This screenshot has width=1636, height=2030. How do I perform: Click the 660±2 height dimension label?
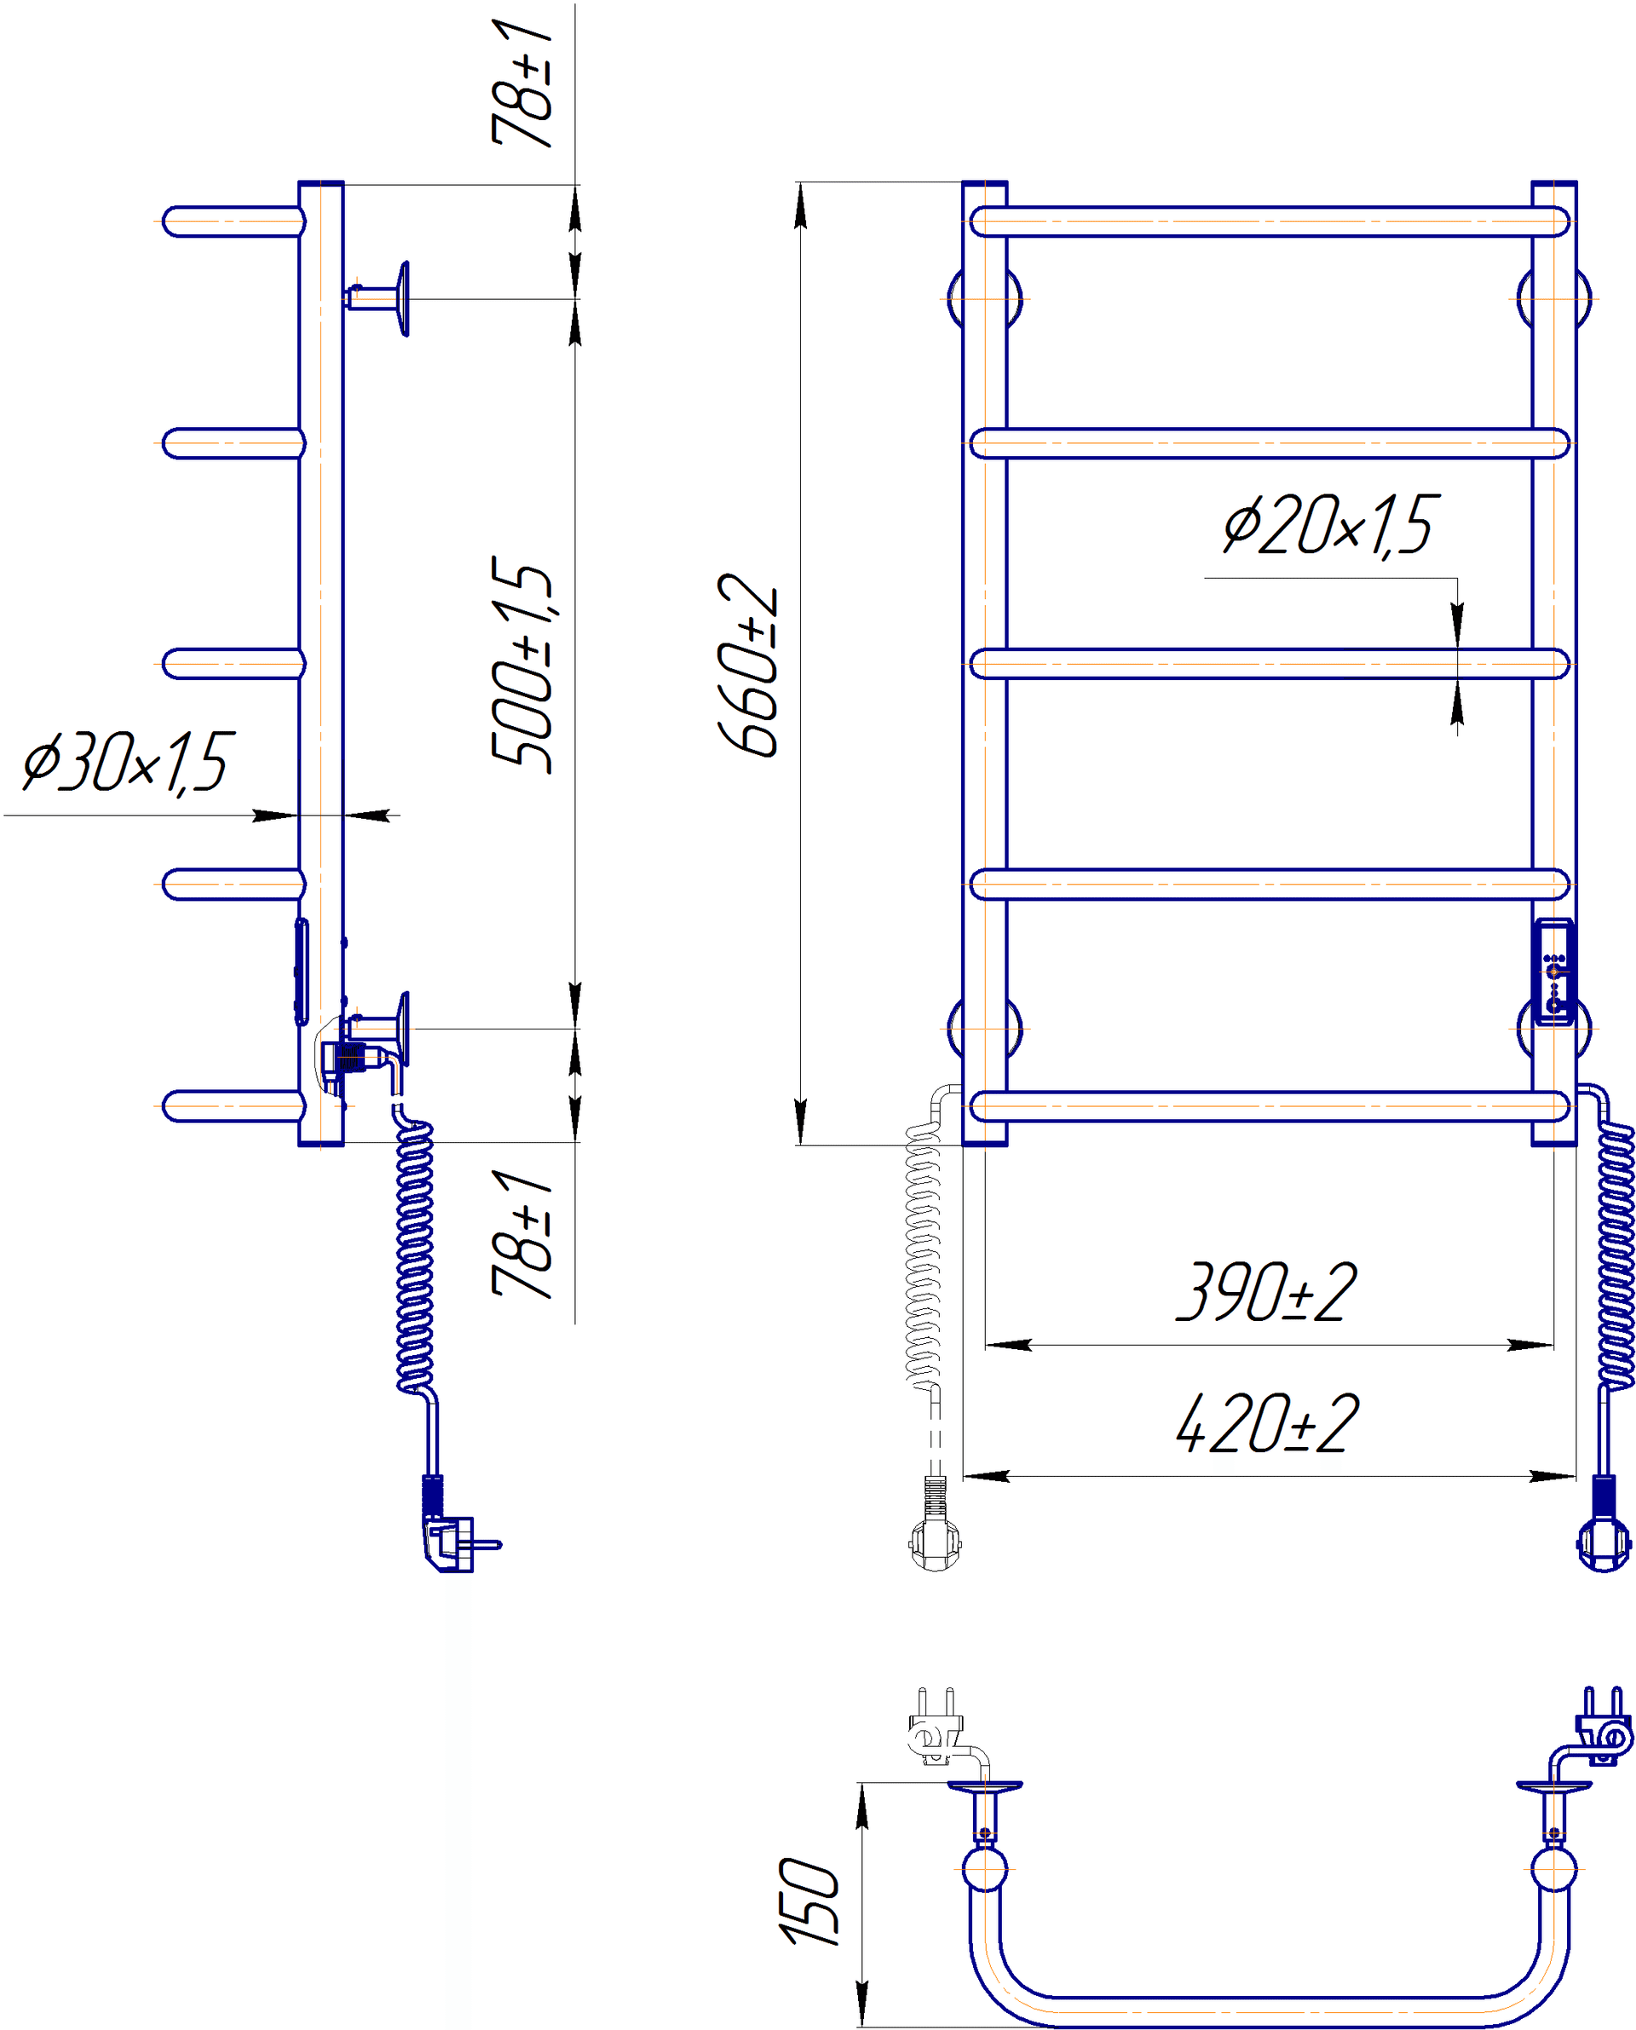click(x=749, y=666)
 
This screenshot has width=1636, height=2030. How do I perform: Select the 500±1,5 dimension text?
click(x=521, y=665)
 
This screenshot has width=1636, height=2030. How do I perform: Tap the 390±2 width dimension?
click(x=1266, y=1292)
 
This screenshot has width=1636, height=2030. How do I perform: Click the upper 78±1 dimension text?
click(x=521, y=83)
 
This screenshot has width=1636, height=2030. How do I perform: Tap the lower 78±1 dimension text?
click(x=521, y=1234)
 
